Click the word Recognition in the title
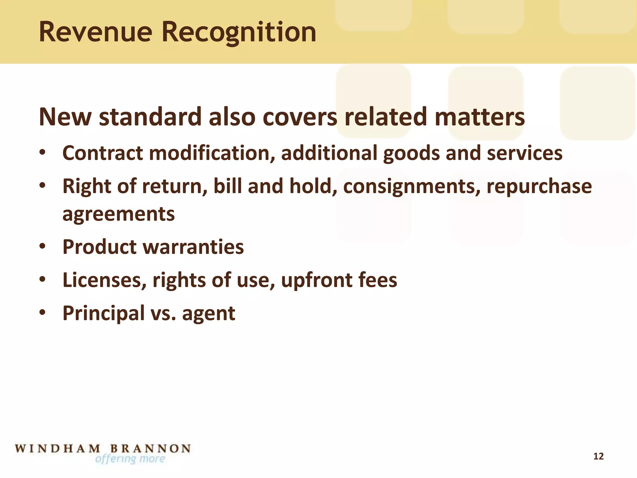pyautogui.click(x=239, y=33)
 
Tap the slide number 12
pyautogui.click(x=598, y=456)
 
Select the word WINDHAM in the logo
pyautogui.click(x=58, y=448)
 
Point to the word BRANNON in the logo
pyautogui.click(x=151, y=448)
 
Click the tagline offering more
pyautogui.click(x=130, y=459)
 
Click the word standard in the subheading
pyautogui.click(x=150, y=117)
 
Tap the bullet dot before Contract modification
pyautogui.click(x=43, y=152)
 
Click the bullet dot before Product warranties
pyautogui.click(x=43, y=246)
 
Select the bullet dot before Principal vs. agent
pyautogui.click(x=43, y=312)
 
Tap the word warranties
pyautogui.click(x=193, y=247)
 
